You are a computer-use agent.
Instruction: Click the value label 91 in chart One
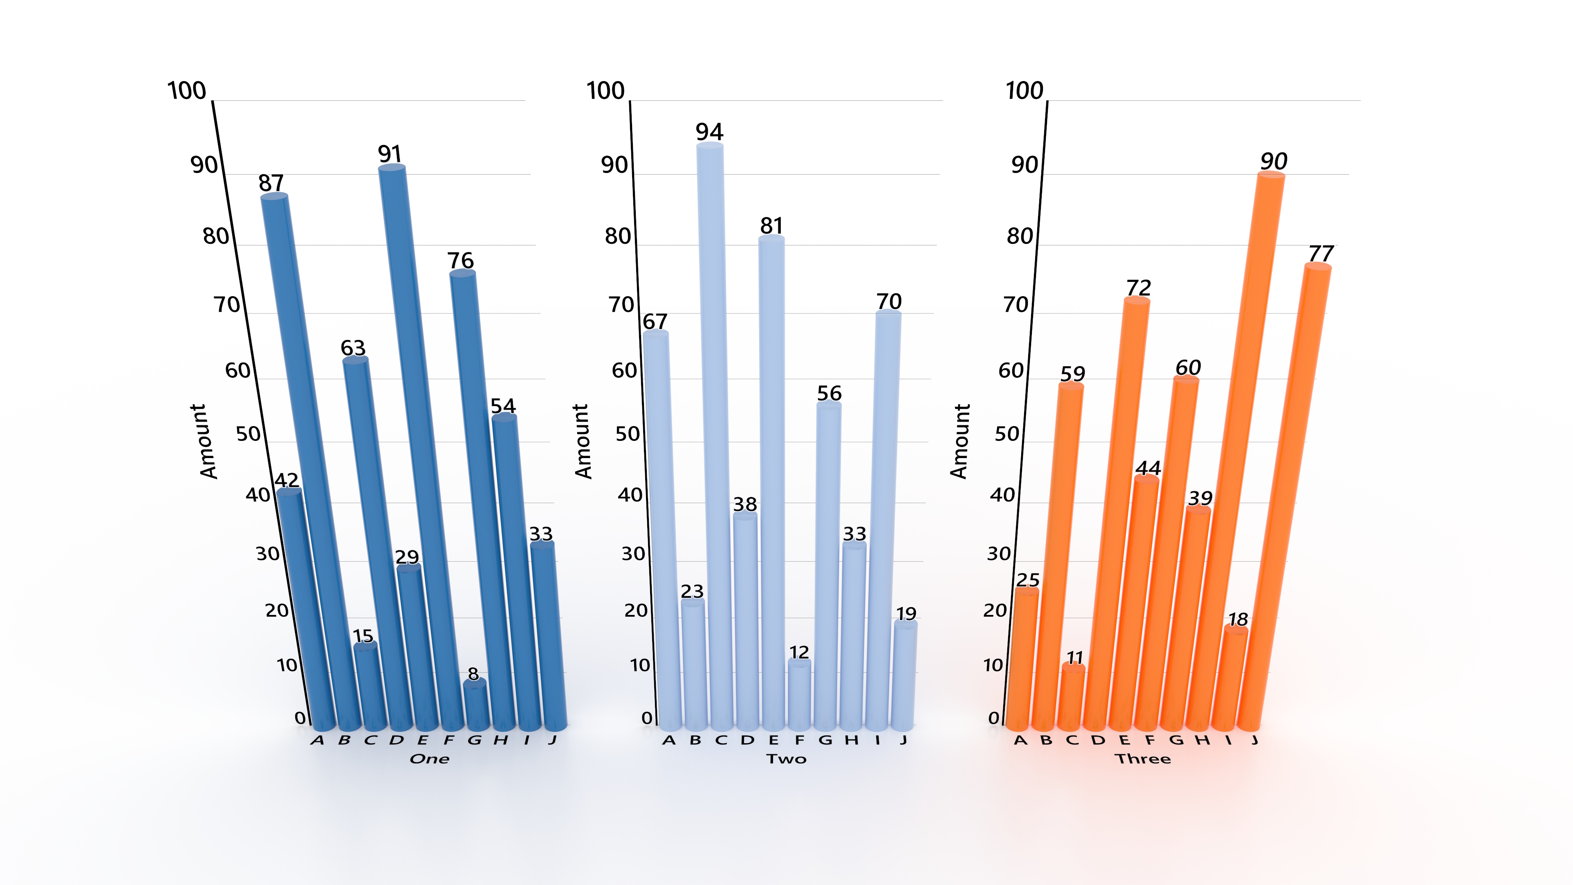pyautogui.click(x=390, y=154)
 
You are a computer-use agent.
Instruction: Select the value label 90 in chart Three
pyautogui.click(x=1274, y=162)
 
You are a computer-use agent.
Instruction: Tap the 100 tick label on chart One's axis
pyautogui.click(x=187, y=91)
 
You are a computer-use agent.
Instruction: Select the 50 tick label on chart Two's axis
pyautogui.click(x=627, y=434)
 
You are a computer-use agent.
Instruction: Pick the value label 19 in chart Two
pyautogui.click(x=906, y=613)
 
